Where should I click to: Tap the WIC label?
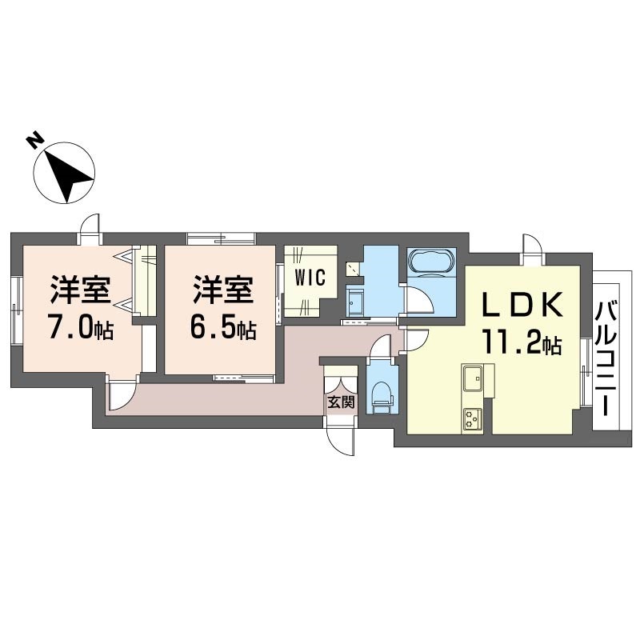pos(310,278)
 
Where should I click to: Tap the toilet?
pos(382,397)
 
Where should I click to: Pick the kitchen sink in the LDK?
pos(472,378)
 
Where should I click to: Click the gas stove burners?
pos(472,419)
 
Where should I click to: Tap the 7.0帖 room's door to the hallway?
pos(122,395)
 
